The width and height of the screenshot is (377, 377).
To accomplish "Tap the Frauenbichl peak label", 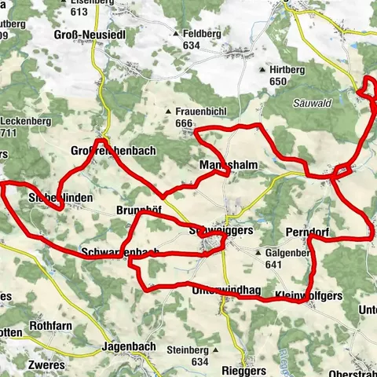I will coord(196,112).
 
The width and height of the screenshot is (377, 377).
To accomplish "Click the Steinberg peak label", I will coord(188,350).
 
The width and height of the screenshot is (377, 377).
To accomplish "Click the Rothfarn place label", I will coord(52,324).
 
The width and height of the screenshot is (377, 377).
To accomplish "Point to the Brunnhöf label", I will coord(138,210).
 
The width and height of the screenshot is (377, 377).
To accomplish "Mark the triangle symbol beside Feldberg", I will coord(176,35).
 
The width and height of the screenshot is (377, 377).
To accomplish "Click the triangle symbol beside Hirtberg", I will coord(262,69).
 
